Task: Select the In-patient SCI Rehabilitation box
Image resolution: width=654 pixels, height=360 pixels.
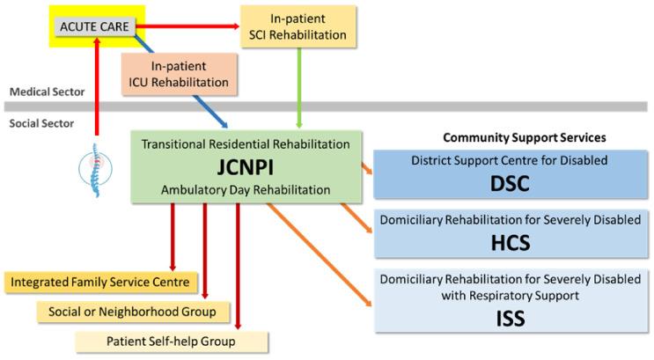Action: [298, 26]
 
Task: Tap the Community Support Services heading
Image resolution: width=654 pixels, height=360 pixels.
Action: [524, 138]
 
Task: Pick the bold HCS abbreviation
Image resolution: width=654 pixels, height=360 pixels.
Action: [511, 240]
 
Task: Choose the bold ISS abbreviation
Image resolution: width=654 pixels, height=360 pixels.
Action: [511, 315]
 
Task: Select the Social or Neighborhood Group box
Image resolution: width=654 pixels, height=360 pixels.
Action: [127, 311]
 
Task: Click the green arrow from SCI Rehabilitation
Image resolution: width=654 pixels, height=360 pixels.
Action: [301, 88]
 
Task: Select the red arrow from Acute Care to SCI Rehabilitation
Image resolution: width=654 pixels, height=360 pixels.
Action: [189, 26]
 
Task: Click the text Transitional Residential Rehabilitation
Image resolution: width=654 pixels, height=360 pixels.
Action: [246, 143]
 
